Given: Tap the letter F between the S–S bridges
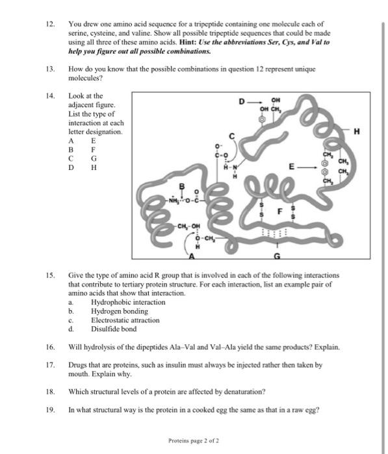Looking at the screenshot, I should [x=280, y=211].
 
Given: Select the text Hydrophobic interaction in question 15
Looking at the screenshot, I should [x=128, y=302].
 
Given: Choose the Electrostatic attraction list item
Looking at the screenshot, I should [x=125, y=320].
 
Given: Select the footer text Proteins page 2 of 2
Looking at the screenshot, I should [x=193, y=440].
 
